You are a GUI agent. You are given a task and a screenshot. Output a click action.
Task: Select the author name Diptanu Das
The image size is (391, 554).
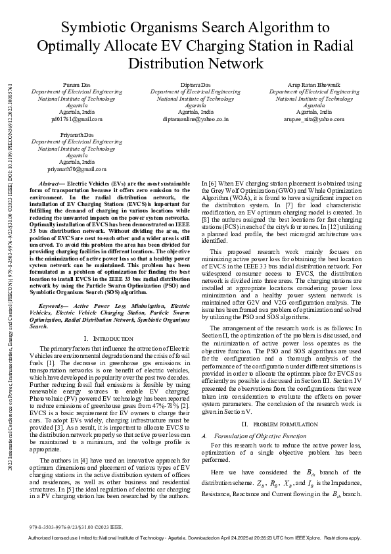(x=195, y=86)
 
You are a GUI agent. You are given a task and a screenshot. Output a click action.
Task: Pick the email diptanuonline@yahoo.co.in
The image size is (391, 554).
(x=195, y=120)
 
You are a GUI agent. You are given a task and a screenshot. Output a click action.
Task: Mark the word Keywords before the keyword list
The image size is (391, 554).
(x=55, y=307)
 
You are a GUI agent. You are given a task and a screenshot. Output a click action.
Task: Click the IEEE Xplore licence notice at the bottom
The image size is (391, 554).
(x=195, y=538)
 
